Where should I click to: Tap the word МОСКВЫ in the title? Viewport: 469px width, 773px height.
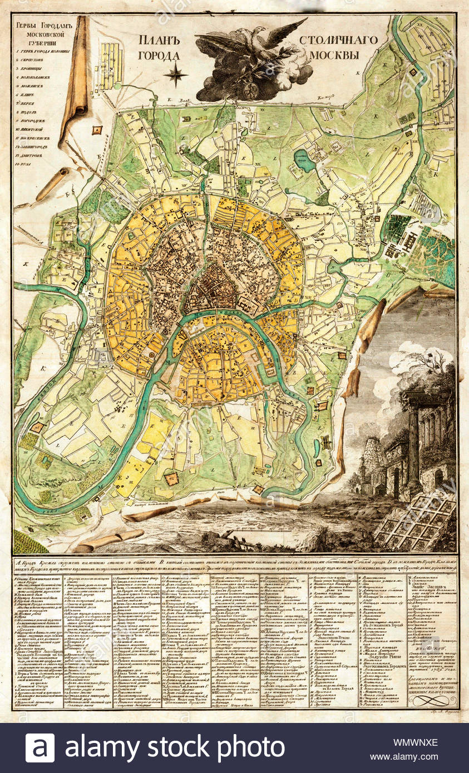335,55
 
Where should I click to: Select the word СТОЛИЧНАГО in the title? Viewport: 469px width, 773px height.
338,40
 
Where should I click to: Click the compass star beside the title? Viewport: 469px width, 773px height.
176,75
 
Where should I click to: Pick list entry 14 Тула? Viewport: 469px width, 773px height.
28,164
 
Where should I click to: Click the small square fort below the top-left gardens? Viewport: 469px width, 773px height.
98,130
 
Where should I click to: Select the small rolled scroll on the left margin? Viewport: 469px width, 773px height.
53,184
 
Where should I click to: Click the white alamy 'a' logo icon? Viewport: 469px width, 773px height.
40,748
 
